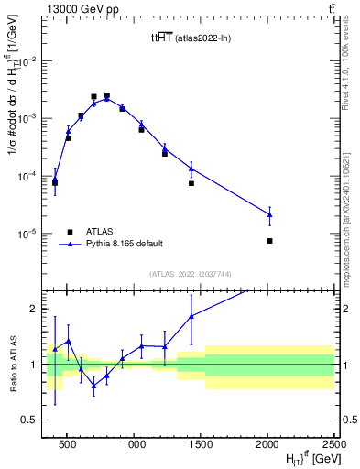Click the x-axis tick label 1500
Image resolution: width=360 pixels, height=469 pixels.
pyautogui.click(x=201, y=444)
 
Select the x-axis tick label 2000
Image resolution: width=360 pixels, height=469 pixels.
pyautogui.click(x=267, y=444)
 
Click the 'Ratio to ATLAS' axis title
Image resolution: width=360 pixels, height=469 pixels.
pyautogui.click(x=13, y=364)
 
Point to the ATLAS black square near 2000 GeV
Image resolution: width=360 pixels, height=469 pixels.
pyautogui.click(x=269, y=241)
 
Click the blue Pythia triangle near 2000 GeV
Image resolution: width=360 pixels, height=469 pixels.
pyautogui.click(x=269, y=214)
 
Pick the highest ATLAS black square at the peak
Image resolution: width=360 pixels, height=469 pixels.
pyautogui.click(x=107, y=95)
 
